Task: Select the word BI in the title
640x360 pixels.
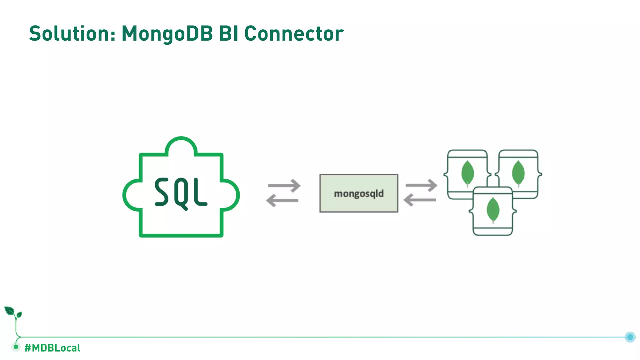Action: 228,33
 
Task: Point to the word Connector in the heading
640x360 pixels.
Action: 294,33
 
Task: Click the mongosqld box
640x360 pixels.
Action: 359,193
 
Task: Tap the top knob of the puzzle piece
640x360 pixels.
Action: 181,145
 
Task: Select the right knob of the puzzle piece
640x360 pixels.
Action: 231,195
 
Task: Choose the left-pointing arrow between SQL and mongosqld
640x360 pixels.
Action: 282,200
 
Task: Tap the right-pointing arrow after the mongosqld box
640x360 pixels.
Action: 422,185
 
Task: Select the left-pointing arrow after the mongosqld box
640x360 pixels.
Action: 420,200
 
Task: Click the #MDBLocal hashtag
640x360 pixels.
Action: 52,348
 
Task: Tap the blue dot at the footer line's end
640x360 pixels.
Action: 630,337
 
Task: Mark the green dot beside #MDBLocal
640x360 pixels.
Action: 16,347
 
